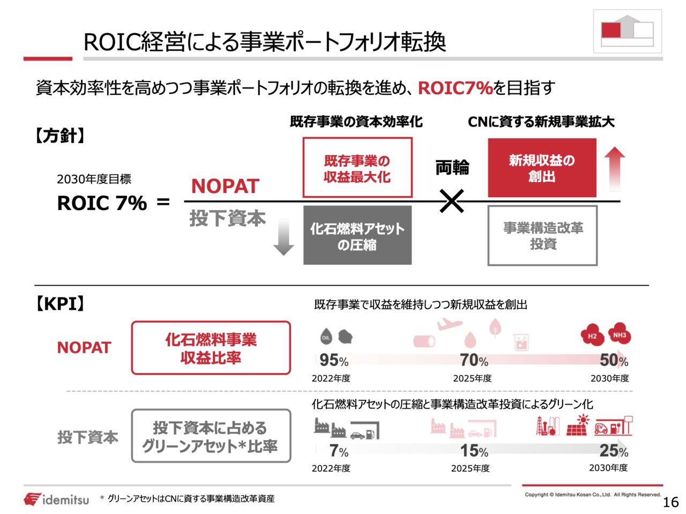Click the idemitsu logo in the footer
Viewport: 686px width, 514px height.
tap(56, 500)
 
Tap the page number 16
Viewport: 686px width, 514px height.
tap(670, 502)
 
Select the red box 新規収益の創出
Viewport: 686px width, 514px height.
tap(542, 168)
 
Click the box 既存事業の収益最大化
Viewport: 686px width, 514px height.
tap(357, 168)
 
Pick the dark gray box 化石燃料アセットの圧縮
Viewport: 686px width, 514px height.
tap(357, 236)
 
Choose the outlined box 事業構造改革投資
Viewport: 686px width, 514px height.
tap(542, 236)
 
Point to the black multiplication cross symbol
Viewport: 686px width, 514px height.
tap(452, 202)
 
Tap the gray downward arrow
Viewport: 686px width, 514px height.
tap(284, 236)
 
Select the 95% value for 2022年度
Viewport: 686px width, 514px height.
tap(333, 361)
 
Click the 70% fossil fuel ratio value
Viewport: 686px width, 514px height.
tap(474, 361)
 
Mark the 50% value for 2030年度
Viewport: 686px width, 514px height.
tap(614, 360)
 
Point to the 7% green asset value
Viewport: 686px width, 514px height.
tap(339, 451)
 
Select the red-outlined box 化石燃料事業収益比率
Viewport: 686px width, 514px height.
tap(211, 348)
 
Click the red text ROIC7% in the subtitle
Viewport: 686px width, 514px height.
tap(455, 88)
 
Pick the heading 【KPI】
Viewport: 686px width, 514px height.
tap(60, 304)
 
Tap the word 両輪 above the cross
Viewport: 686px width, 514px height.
tap(452, 168)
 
